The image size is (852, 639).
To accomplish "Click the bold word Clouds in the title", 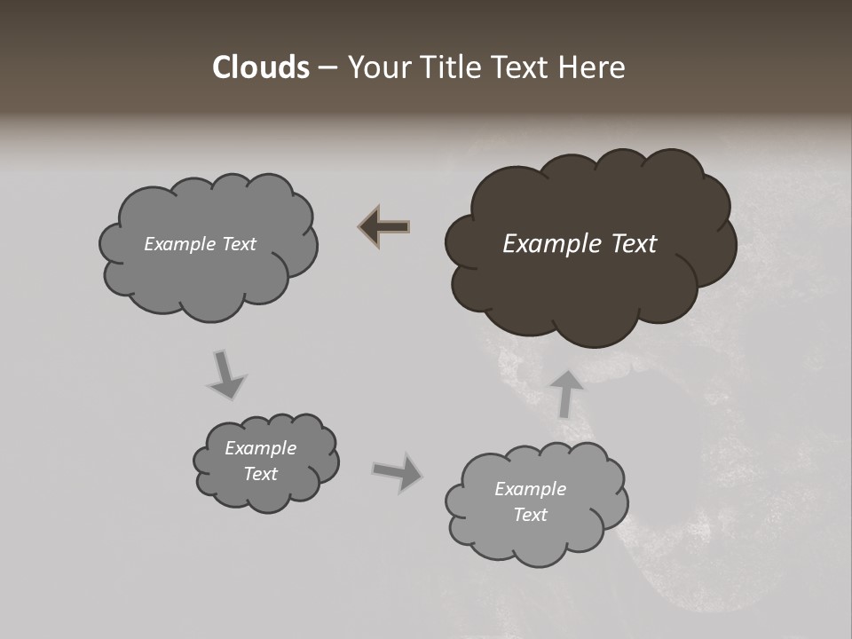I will pos(261,67).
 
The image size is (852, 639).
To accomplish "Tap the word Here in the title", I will pos(592,67).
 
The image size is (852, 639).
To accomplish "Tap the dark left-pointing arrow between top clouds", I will pos(384,227).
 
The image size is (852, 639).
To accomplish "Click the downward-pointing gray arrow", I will pos(225,375).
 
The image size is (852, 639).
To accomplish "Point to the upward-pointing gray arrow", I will pos(566,393).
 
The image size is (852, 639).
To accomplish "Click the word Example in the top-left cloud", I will pos(177,244).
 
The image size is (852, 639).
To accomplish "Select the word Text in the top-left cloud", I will pos(237,244).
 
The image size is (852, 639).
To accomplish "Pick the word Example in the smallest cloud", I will pos(260,448).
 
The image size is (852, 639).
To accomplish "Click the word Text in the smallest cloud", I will pos(261,474).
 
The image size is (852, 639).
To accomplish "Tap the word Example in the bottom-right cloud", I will pos(530,489).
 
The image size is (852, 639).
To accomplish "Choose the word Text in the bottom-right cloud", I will pos(531,515).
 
